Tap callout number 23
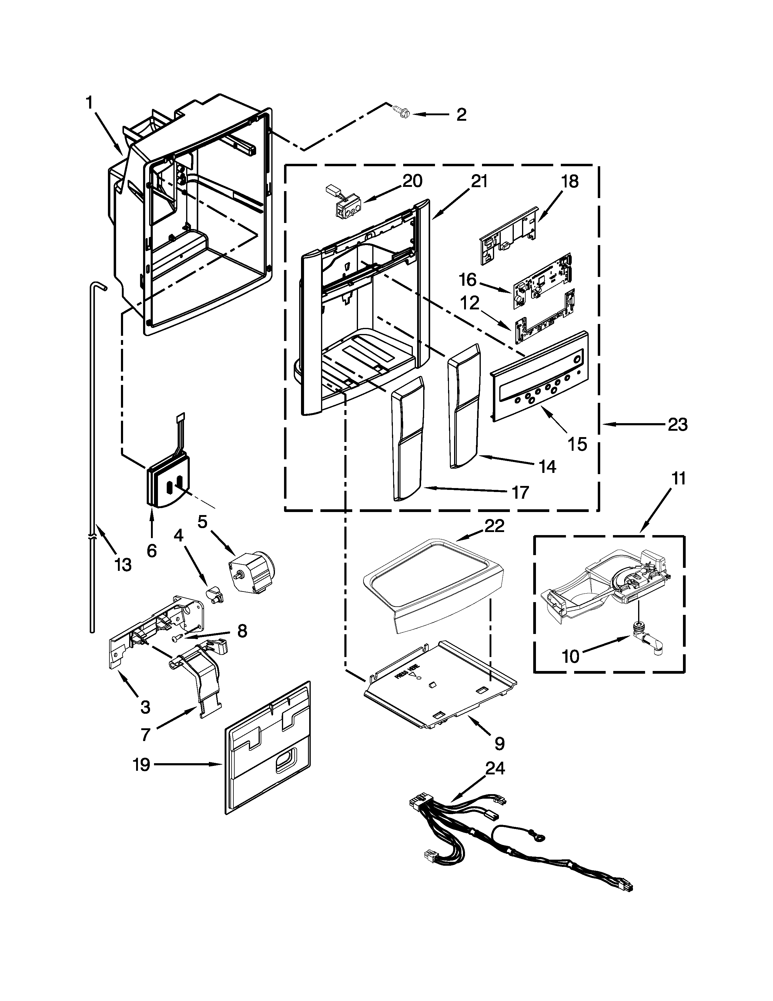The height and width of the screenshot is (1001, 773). [x=677, y=425]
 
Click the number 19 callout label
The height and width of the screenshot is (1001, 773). [x=142, y=764]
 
